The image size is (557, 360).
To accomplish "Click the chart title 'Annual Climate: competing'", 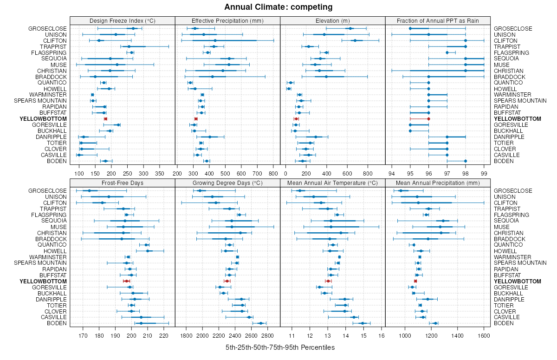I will point(278,7).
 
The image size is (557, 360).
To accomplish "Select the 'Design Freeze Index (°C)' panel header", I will point(123,20).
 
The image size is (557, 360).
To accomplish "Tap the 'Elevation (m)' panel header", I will point(333,20).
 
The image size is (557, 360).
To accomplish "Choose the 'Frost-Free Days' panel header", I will point(123,183).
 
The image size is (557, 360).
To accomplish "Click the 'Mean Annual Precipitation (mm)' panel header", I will point(438,183).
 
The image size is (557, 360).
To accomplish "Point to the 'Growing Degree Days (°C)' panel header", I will point(227,183).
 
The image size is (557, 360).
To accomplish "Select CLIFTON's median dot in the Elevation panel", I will point(355,40).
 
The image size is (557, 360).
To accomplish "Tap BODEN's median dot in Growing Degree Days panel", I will point(260,323).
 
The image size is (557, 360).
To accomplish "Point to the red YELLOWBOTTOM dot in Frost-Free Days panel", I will point(126,281).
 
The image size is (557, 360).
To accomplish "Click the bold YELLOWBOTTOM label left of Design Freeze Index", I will point(43,119).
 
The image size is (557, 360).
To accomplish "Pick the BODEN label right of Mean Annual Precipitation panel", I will point(505,323).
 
